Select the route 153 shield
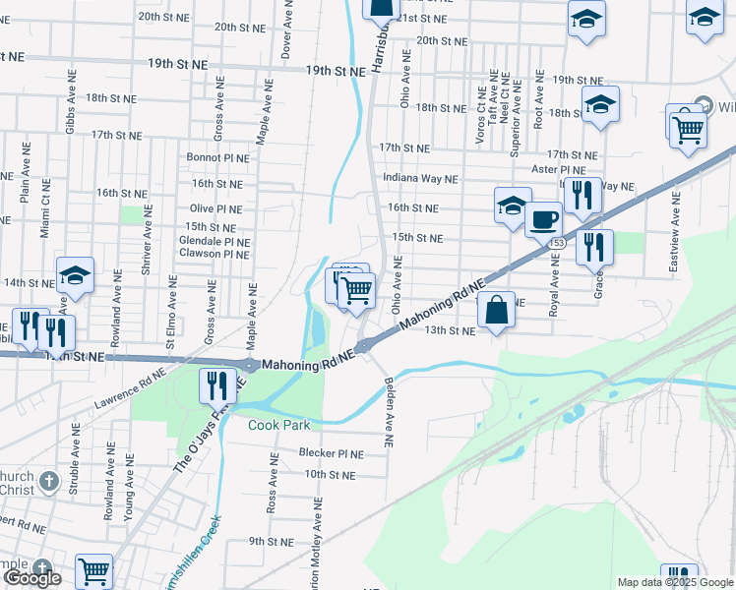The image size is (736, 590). click(559, 242)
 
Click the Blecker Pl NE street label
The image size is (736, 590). click(333, 454)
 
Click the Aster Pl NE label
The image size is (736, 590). click(574, 170)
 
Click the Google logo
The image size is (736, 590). click(32, 578)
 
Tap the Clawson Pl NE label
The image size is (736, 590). click(214, 254)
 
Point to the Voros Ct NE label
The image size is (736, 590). click(480, 108)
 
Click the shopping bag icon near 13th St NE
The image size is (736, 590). click(497, 310)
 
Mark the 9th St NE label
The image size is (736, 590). click(272, 541)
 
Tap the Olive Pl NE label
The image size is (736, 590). click(215, 208)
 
